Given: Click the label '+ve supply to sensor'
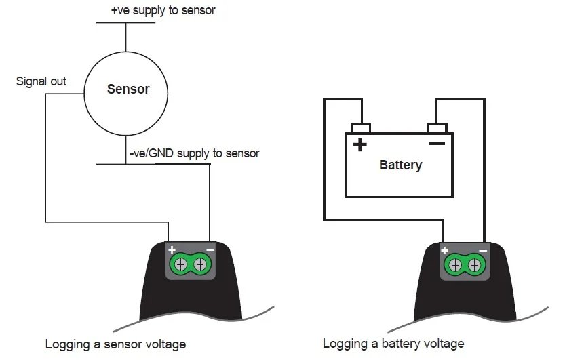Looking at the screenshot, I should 163,11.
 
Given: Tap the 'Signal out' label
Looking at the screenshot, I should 41,81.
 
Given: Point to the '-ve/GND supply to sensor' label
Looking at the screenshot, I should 194,153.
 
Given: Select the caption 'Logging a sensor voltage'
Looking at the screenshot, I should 115,344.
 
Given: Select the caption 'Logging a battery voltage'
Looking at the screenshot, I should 393,344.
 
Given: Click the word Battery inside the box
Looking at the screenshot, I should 400,165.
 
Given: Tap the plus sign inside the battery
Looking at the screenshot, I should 359,144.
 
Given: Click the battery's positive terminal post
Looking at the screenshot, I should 360,128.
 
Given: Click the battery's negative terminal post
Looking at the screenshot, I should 436,128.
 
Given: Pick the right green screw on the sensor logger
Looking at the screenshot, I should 200,264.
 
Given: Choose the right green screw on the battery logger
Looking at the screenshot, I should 473,264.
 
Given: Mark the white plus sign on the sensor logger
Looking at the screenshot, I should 172,249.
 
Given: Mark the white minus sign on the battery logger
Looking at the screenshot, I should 482,250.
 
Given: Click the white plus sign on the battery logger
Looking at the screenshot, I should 446,250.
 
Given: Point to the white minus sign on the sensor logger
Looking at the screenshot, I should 210,249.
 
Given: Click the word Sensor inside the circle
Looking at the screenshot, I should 128,89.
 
